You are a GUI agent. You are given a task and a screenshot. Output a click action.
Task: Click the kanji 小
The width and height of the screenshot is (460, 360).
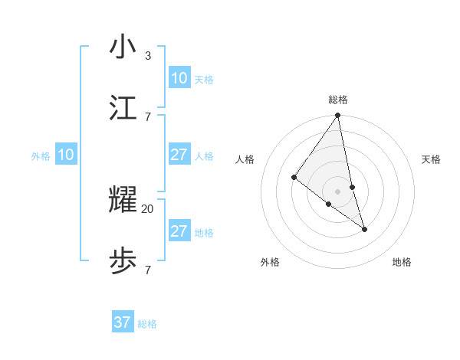[x=123, y=47]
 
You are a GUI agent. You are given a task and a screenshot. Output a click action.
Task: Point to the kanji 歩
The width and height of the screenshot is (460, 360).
[x=123, y=261]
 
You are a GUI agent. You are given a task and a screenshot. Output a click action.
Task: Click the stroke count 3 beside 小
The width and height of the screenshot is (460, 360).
[x=147, y=55]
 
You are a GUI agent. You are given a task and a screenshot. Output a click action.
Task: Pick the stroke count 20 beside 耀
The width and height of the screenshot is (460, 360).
[x=148, y=208]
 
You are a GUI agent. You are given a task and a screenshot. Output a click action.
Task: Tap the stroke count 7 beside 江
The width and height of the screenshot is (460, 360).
[x=147, y=116]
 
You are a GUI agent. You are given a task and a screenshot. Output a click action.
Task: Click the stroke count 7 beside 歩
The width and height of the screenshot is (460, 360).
[x=147, y=270]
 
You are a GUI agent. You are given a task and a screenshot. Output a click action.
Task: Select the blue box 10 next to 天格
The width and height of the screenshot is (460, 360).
[x=179, y=78]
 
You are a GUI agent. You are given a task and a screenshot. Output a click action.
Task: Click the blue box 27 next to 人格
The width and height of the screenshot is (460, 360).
[x=179, y=155]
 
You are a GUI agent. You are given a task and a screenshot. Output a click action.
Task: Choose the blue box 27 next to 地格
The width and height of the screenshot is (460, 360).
[x=179, y=231]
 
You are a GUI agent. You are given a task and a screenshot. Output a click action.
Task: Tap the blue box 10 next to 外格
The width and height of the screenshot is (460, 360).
[x=65, y=155]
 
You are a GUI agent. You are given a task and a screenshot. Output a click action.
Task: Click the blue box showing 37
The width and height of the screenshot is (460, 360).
[x=123, y=322]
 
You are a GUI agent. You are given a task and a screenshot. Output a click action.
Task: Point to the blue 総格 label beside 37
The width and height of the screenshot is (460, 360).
[x=147, y=324]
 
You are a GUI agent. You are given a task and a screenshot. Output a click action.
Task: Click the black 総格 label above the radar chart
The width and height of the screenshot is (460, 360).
[x=338, y=100]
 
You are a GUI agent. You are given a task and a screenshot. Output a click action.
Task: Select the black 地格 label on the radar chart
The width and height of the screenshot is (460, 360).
[x=402, y=262]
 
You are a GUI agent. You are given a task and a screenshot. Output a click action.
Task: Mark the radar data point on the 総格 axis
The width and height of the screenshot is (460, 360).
[x=338, y=116]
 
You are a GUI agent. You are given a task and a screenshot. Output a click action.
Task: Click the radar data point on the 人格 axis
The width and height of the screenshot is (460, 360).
[x=294, y=178]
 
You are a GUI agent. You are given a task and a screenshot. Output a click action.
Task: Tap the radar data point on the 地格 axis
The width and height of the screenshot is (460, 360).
[x=364, y=229]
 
